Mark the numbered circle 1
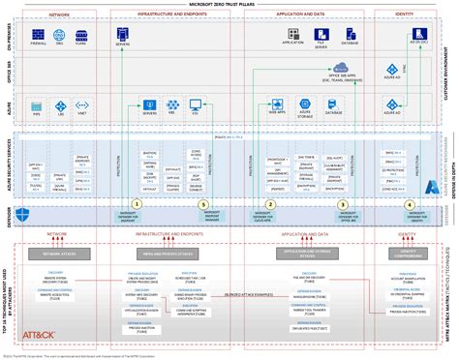[138, 204]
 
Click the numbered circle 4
[411, 204]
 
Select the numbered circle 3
[342, 204]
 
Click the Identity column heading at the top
[405, 15]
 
